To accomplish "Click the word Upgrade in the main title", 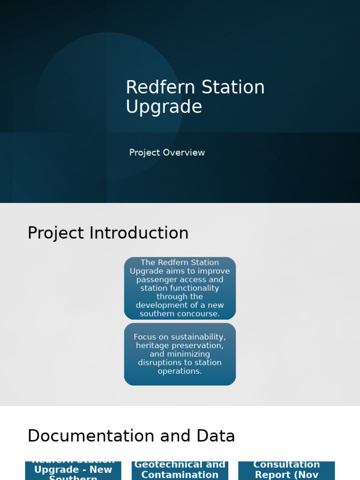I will click(164, 107).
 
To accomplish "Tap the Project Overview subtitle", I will click(167, 153).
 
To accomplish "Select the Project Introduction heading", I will click(108, 233).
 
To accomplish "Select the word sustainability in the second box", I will click(198, 337).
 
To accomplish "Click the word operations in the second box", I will click(180, 371).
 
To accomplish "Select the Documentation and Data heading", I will click(131, 436).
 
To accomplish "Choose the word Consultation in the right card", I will click(286, 465).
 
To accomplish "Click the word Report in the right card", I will click(274, 475).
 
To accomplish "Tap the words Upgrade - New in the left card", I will click(73, 470).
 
